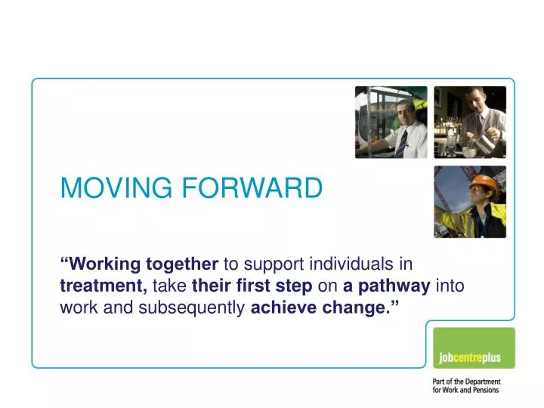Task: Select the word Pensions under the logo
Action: [484, 390]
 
